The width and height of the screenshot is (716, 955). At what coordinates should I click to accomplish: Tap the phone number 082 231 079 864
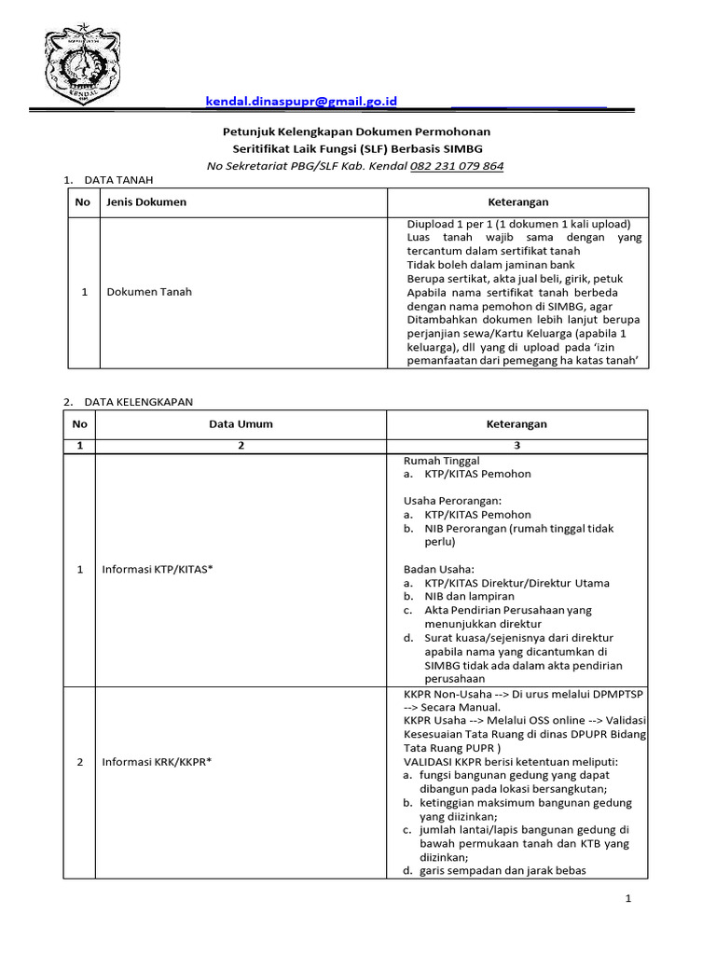tap(457, 166)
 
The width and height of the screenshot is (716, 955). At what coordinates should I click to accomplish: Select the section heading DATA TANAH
tap(118, 180)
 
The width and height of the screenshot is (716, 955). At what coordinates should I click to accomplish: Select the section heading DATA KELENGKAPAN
tap(138, 402)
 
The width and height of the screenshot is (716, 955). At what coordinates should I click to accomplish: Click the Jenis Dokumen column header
tap(146, 202)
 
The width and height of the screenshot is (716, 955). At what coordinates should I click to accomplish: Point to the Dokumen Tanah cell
tap(149, 292)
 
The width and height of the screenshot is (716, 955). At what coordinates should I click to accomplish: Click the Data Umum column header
tap(241, 424)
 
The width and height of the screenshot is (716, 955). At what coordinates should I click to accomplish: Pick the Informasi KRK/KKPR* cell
tap(157, 762)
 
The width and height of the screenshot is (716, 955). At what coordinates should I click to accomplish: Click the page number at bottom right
tap(628, 899)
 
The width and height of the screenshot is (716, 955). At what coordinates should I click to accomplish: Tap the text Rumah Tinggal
tap(441, 461)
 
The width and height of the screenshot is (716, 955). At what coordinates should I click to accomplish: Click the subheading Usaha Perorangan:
tap(452, 501)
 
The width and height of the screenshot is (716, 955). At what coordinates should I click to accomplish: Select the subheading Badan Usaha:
tap(439, 569)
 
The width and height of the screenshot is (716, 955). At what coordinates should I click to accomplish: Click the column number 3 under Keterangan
tap(517, 446)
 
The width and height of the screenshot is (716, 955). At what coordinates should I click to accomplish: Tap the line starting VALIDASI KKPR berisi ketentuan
tap(511, 762)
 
